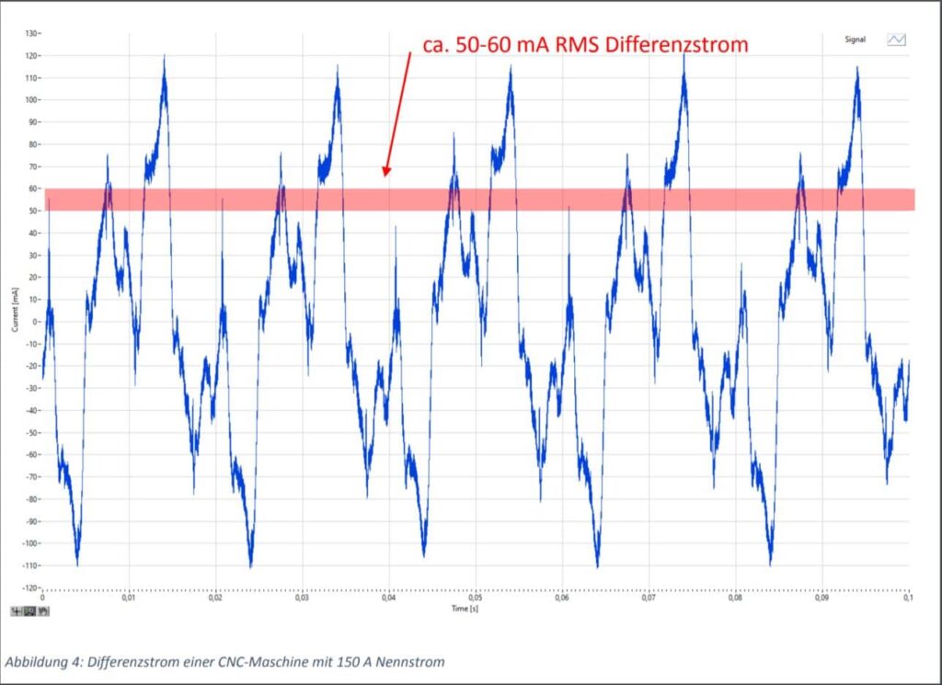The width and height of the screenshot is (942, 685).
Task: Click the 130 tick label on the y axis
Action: [31, 33]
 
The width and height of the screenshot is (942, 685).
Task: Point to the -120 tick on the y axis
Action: [30, 588]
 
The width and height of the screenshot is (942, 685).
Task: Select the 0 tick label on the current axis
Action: [36, 322]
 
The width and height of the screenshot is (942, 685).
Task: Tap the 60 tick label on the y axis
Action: [33, 188]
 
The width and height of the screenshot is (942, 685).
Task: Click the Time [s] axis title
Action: [465, 609]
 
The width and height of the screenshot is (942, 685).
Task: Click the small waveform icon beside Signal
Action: [896, 40]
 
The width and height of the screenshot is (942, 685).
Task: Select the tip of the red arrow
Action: [386, 175]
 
